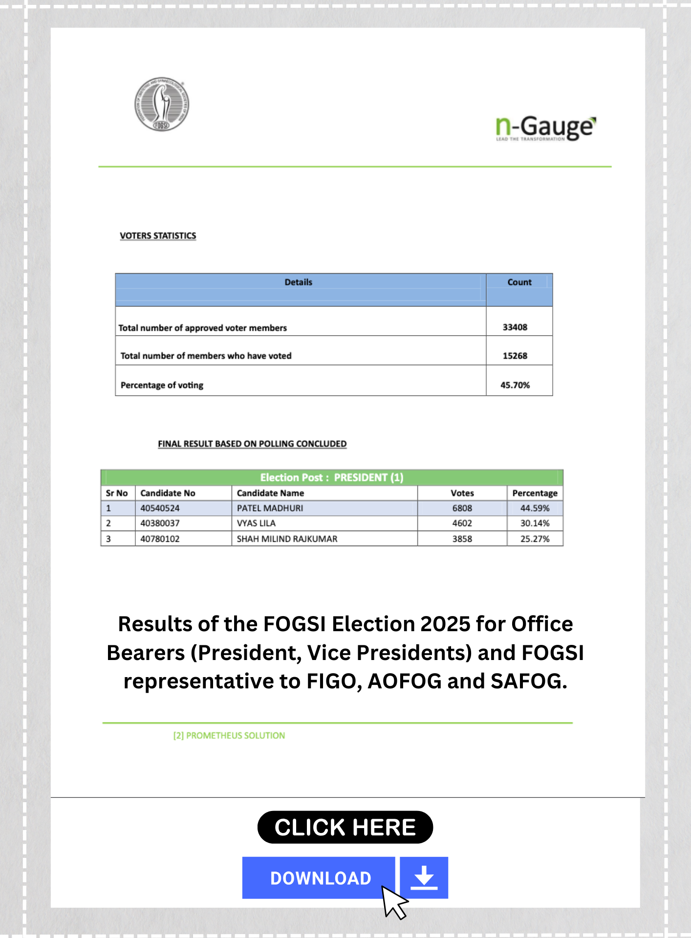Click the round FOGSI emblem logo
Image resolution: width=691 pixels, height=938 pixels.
pyautogui.click(x=162, y=104)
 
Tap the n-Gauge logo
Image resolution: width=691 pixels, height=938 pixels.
pyautogui.click(x=545, y=128)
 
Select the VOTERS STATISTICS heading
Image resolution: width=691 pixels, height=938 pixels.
pyautogui.click(x=158, y=235)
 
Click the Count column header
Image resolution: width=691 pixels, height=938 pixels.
pyautogui.click(x=519, y=282)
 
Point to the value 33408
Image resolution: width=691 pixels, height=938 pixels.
pyautogui.click(x=515, y=327)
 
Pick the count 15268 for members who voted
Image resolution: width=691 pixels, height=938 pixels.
pyautogui.click(x=515, y=356)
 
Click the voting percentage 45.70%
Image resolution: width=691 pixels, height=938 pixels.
pyautogui.click(x=515, y=385)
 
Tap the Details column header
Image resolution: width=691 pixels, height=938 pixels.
pyautogui.click(x=298, y=282)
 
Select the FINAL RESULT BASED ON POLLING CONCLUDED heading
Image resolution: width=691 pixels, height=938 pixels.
pyautogui.click(x=252, y=444)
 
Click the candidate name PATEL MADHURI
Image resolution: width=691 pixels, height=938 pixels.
pyautogui.click(x=270, y=508)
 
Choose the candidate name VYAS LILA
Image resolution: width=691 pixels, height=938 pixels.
pyautogui.click(x=256, y=523)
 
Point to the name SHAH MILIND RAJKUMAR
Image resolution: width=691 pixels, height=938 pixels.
pyautogui.click(x=287, y=539)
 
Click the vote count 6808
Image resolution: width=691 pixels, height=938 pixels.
pyautogui.click(x=462, y=508)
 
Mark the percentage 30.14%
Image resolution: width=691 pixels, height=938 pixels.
pyautogui.click(x=535, y=523)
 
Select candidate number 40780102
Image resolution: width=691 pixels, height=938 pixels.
pyautogui.click(x=160, y=539)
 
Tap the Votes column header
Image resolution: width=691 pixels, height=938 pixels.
pyautogui.click(x=462, y=493)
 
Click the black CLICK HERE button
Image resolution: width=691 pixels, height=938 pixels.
pyautogui.click(x=345, y=827)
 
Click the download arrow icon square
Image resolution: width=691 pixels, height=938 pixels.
pyautogui.click(x=424, y=878)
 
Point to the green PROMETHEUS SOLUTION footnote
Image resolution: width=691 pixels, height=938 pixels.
pyautogui.click(x=229, y=736)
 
